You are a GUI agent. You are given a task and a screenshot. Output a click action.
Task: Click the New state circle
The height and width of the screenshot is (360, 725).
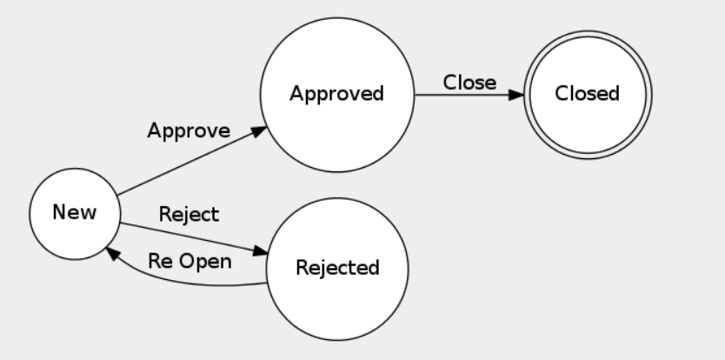(75, 212)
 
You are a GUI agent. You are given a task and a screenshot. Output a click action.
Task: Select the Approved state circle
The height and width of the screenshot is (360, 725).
(336, 94)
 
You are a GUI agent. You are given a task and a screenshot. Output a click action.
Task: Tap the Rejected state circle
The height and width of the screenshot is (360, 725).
(337, 267)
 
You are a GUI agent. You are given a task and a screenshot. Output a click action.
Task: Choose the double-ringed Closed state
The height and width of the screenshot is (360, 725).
(587, 94)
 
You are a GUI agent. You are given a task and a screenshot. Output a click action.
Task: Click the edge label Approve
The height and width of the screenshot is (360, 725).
(189, 132)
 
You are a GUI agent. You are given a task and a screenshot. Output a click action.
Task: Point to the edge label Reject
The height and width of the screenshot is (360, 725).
(189, 214)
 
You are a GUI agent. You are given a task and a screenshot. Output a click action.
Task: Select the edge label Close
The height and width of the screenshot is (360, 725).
(469, 83)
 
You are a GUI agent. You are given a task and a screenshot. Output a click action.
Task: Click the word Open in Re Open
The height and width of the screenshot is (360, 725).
(208, 261)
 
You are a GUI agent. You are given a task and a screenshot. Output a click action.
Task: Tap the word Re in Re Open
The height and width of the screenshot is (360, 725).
(159, 261)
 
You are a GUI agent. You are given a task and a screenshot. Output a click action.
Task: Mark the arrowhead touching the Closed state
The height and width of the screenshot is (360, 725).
(517, 94)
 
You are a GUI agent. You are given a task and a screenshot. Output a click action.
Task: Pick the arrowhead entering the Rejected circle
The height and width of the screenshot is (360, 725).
(261, 252)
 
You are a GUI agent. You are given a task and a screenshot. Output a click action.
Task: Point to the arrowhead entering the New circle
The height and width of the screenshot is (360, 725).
(111, 250)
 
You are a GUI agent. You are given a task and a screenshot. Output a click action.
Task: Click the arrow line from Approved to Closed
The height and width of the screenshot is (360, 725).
(461, 94)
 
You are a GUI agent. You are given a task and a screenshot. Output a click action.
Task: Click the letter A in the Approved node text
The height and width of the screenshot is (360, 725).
(295, 94)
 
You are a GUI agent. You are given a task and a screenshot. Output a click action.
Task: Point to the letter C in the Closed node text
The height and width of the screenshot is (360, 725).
(562, 94)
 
